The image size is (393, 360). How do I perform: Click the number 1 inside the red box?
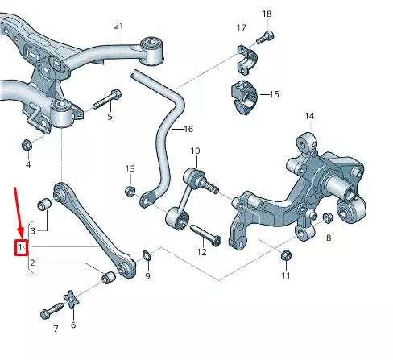[x=22, y=247]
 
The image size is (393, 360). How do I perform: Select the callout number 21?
[x=118, y=27]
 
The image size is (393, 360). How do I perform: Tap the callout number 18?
[x=267, y=14]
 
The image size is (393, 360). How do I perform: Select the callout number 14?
[x=309, y=116]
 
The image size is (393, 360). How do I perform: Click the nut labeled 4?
[x=26, y=146]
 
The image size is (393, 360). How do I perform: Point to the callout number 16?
[x=188, y=129]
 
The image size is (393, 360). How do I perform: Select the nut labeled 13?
[x=130, y=191]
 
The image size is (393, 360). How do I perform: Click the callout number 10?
[x=194, y=151]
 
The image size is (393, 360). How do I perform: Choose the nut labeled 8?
[x=327, y=218]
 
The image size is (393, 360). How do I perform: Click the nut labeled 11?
[x=286, y=257]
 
